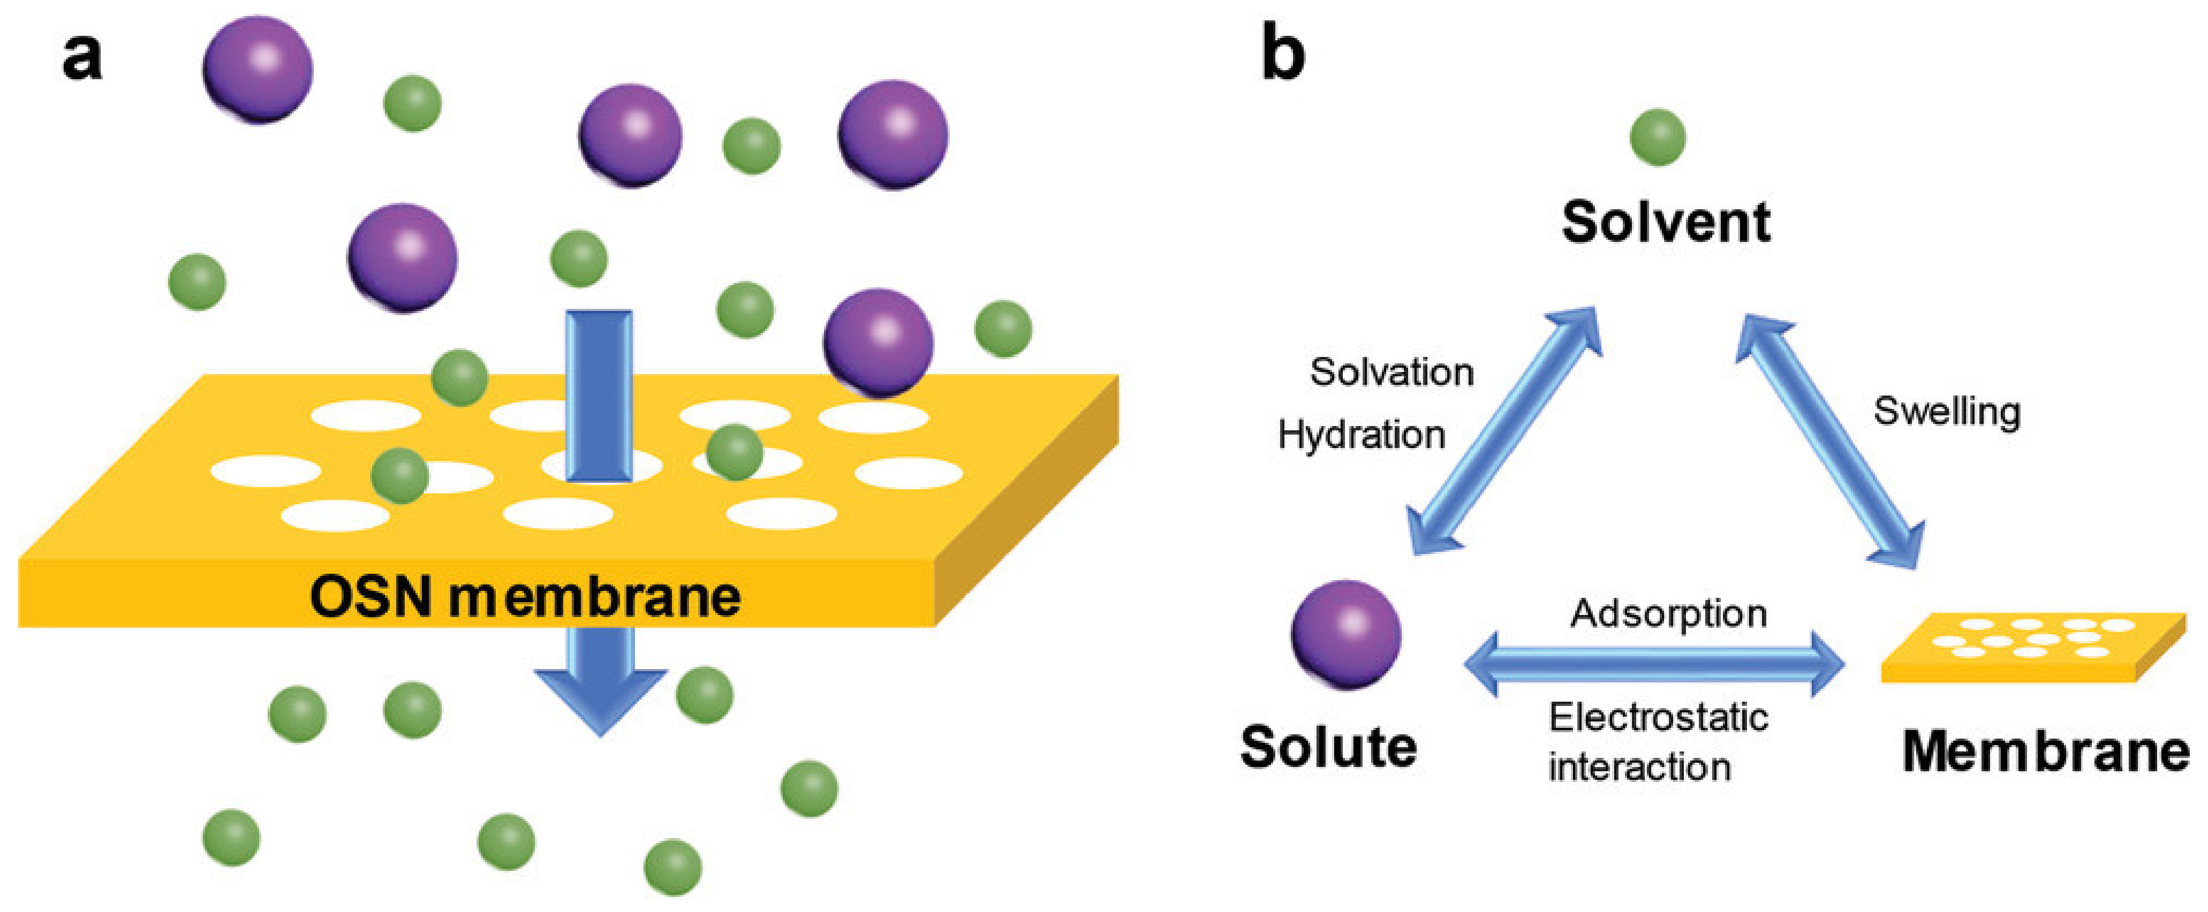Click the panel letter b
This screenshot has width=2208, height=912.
point(1283,53)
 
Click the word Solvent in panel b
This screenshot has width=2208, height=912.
point(1666,222)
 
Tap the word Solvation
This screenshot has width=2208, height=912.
point(1391,372)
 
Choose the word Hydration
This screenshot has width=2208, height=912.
point(1361,435)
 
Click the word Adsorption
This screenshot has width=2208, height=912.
point(1668,613)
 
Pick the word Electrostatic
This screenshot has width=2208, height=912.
point(1658,717)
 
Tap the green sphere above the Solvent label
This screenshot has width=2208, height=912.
point(1658,137)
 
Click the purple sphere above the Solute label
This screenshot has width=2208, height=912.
point(1345,634)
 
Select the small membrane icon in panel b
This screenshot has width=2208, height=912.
point(2031,647)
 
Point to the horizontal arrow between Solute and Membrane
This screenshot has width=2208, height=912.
point(1654,664)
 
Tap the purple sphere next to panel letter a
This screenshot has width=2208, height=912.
point(257,69)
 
